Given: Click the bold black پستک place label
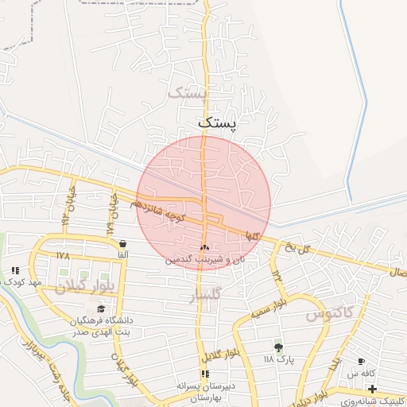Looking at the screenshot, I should [216, 122].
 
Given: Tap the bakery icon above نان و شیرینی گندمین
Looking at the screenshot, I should [205, 248].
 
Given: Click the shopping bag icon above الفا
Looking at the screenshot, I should [122, 243].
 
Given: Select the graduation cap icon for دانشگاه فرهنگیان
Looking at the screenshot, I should [101, 309].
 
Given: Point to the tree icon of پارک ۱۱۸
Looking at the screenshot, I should [278, 347].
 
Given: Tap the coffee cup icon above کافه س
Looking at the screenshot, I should [362, 361].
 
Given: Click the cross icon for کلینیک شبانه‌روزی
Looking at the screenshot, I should [372, 389].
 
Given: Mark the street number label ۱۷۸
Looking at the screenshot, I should [63, 255].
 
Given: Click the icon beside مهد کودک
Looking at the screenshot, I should [15, 271].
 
